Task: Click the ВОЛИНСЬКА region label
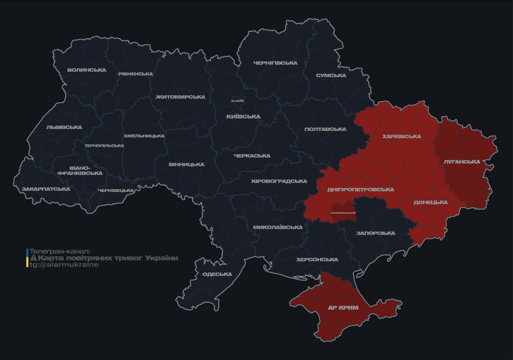click(x=87, y=70)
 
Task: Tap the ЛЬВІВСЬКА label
click(x=64, y=127)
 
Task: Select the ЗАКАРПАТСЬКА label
click(x=45, y=189)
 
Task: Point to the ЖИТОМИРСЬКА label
click(x=181, y=97)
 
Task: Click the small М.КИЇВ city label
click(x=237, y=101)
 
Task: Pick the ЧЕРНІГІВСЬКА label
click(x=275, y=63)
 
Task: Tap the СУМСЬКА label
click(x=331, y=75)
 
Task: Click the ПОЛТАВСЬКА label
click(x=325, y=129)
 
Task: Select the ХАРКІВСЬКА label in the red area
click(x=401, y=137)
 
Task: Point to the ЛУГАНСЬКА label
click(x=462, y=162)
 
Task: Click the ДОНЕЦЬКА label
click(x=430, y=202)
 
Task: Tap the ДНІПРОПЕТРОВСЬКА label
click(x=361, y=190)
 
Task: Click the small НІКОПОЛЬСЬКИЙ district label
click(x=343, y=213)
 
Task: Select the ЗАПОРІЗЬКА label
click(x=376, y=233)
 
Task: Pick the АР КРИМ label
click(x=343, y=308)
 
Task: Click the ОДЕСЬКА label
click(x=217, y=274)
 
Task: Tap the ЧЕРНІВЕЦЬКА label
click(x=116, y=191)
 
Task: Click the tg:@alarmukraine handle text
click(x=64, y=265)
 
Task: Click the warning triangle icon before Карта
click(x=33, y=258)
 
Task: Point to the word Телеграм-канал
click(x=60, y=252)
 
